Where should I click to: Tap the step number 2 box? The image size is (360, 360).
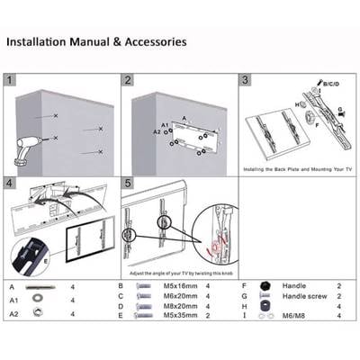click(129, 80)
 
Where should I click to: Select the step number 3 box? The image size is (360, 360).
click(245, 80)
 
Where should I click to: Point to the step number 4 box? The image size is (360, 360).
click(11, 183)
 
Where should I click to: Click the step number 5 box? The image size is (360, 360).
click(129, 183)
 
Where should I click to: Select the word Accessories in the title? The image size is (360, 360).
click(153, 41)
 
